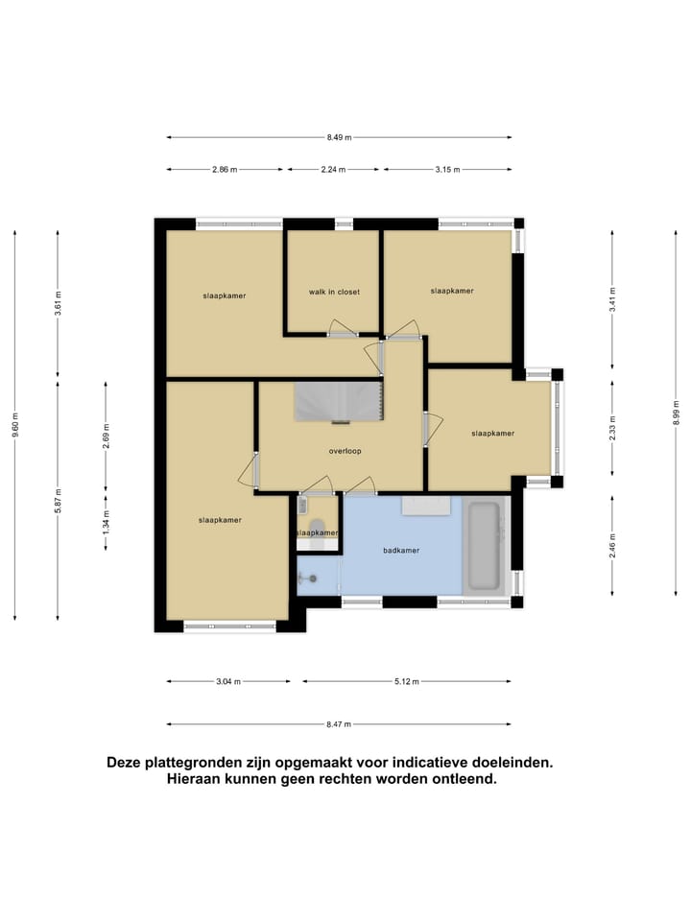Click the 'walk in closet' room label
click(x=334, y=292)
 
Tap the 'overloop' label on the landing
click(x=345, y=450)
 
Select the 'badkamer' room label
click(x=401, y=551)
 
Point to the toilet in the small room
click(x=316, y=526)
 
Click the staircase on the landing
click(x=339, y=401)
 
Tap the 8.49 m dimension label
click(x=339, y=137)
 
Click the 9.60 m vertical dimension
click(x=15, y=425)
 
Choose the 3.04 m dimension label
click(x=227, y=682)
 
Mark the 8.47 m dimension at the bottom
click(x=338, y=724)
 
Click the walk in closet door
click(x=343, y=328)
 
